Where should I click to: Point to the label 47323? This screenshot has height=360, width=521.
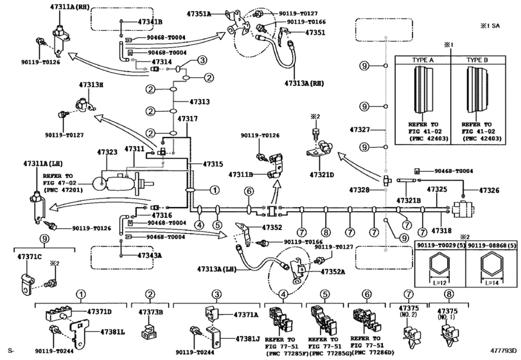pos(107,152)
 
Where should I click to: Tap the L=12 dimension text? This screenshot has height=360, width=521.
pos(441,282)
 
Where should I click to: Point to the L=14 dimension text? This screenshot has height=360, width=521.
pos(493,282)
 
